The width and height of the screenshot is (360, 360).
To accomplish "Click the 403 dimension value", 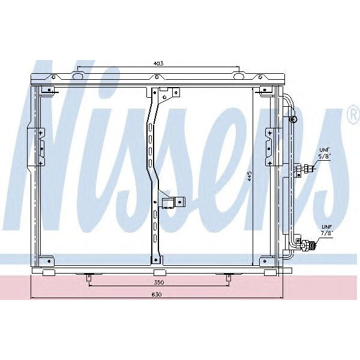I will [158, 63].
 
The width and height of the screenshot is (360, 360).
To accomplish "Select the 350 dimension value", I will [158, 281].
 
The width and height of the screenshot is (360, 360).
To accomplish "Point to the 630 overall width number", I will [157, 294].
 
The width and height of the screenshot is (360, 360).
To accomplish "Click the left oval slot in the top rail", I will [77, 77].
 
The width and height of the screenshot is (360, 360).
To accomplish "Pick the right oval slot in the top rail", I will [239, 77].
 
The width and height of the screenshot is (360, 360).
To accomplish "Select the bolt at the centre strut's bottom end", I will [156, 260].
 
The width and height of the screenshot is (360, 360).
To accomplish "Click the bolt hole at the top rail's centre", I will [158, 77].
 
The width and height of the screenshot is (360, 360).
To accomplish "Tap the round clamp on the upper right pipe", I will [293, 121].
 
